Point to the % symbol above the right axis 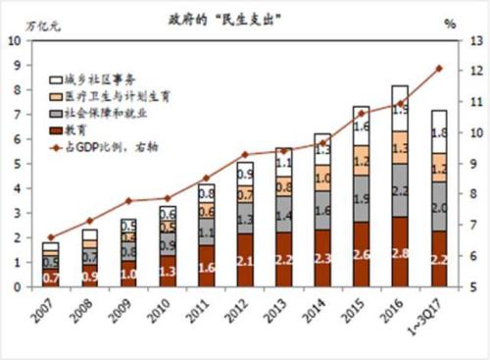450,23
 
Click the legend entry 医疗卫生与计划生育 118,96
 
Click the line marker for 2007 51,237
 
